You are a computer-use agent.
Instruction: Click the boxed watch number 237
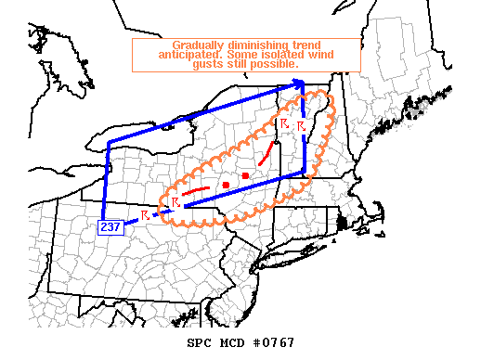(110, 225)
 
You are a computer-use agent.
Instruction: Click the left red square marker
(226, 186)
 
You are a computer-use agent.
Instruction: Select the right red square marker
(245, 175)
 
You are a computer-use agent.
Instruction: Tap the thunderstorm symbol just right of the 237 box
(145, 216)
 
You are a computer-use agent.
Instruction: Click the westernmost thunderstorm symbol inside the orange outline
(174, 202)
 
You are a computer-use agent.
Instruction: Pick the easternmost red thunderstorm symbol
(301, 125)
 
